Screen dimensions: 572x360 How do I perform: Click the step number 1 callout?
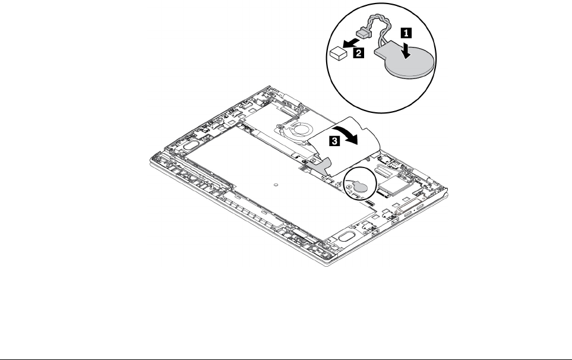(x=408, y=33)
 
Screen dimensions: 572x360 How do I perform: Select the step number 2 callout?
(x=359, y=53)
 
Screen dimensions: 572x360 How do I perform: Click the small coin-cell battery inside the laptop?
(x=358, y=185)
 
